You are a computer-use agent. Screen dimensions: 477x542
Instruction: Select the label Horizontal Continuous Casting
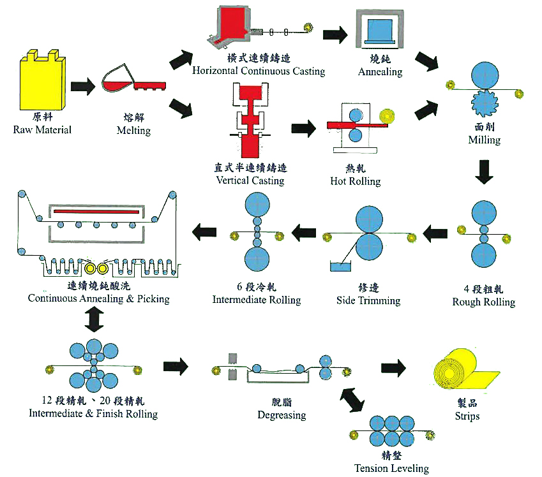point(259,70)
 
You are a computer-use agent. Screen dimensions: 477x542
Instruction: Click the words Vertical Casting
point(250,180)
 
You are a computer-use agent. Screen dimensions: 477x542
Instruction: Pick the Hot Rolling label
point(355,181)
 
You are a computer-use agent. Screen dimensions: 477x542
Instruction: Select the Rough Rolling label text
point(483,302)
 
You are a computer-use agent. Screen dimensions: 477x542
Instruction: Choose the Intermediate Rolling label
point(256,299)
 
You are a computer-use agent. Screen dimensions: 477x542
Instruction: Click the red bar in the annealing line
point(97,210)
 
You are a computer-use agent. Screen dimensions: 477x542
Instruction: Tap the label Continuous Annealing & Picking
point(98,298)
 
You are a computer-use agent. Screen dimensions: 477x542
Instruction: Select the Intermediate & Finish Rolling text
point(93,413)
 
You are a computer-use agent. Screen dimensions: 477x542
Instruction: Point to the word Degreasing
point(282,415)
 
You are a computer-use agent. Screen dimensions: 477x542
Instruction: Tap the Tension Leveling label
point(391,468)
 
